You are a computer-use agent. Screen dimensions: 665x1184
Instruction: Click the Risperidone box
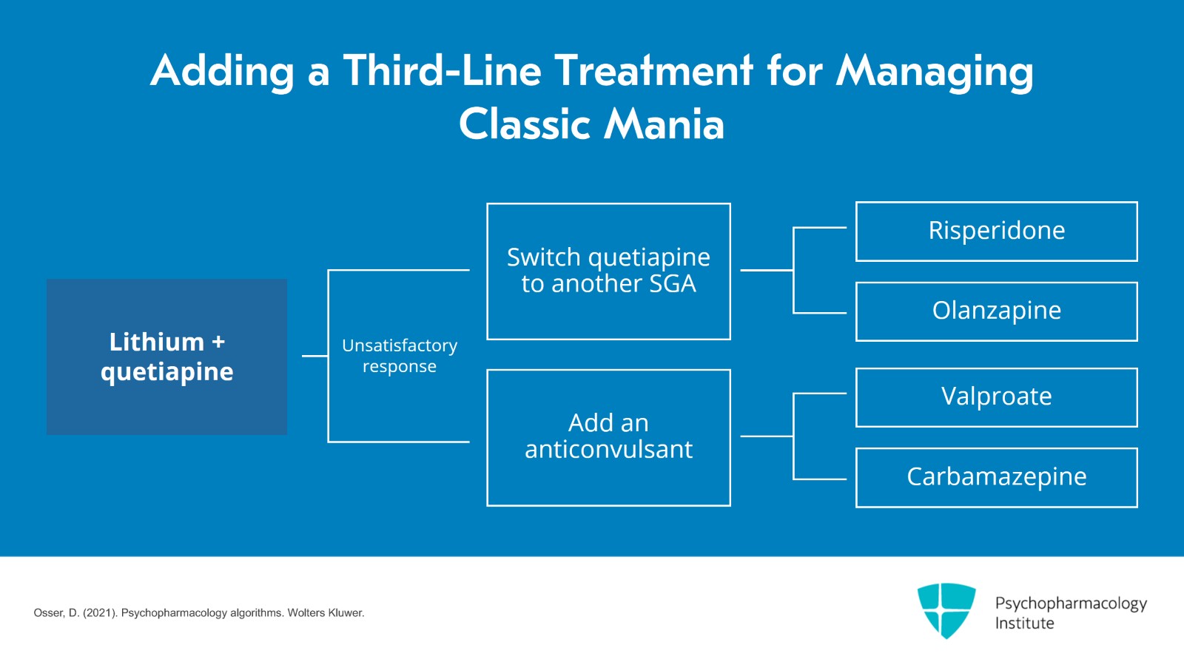tap(996, 231)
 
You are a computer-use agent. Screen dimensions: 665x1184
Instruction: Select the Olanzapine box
tap(996, 311)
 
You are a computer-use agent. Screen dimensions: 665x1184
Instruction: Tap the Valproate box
tap(996, 397)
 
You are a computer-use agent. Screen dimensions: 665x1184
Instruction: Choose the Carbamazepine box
tap(996, 477)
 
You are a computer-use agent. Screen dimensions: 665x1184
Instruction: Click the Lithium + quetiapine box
tap(166, 357)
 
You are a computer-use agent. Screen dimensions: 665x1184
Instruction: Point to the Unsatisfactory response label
tap(399, 356)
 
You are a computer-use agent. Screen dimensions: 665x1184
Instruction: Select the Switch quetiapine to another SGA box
tap(608, 271)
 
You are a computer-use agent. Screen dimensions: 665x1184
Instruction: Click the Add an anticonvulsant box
tap(608, 437)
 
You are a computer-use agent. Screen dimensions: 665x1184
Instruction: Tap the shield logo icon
tap(946, 610)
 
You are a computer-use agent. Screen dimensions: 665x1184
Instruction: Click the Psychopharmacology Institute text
tap(1070, 612)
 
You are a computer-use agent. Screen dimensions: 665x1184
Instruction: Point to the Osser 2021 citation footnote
tap(198, 613)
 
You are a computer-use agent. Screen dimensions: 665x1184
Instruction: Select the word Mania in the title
tap(664, 124)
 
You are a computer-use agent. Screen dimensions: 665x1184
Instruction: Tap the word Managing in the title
tap(935, 72)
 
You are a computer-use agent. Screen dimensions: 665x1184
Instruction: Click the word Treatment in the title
tap(653, 71)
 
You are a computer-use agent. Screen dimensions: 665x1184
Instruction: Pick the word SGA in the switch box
tap(673, 284)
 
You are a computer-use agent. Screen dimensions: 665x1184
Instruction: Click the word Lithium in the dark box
tap(156, 342)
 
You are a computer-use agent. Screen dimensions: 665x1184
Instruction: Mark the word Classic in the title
tap(524, 124)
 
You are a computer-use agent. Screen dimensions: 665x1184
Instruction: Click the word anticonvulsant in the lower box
tap(608, 450)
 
